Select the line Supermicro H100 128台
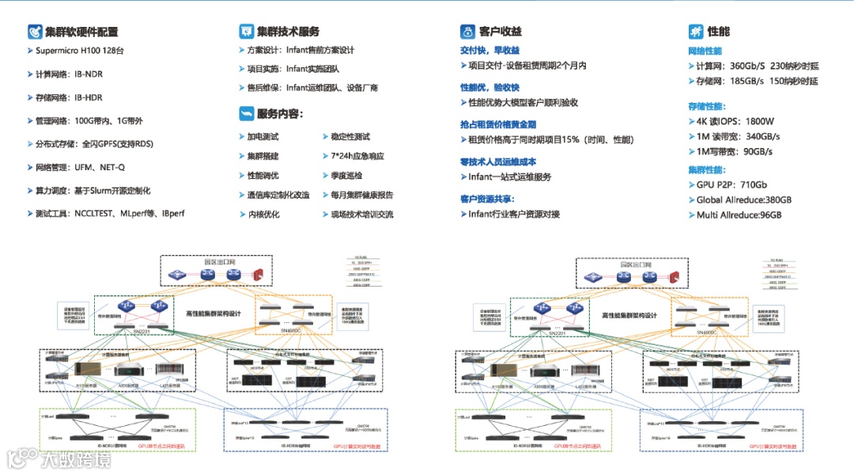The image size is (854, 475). click(x=80, y=51)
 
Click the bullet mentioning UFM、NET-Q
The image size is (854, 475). click(x=80, y=168)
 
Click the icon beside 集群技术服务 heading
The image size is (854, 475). click(x=245, y=32)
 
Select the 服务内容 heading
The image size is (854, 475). click(x=279, y=114)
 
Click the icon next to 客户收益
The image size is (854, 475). click(x=467, y=32)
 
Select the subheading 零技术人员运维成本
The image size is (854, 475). click(x=498, y=161)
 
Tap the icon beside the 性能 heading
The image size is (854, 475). click(x=696, y=32)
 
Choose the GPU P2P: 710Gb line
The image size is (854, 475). click(x=731, y=184)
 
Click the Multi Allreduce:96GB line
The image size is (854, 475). click(x=739, y=215)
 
